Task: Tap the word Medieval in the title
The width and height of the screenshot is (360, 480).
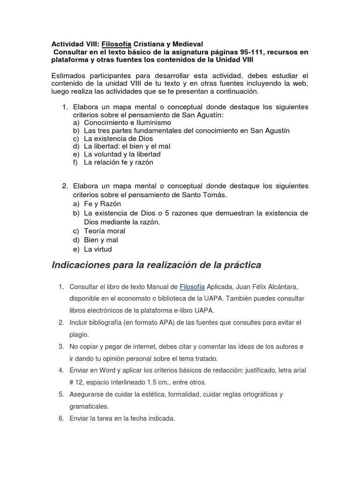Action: (x=186, y=44)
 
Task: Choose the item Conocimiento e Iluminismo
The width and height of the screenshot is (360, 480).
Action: (x=124, y=122)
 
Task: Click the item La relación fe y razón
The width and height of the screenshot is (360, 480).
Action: (x=119, y=162)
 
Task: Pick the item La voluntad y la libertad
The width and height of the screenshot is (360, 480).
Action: (x=122, y=154)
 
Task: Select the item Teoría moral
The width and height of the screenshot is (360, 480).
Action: (x=105, y=231)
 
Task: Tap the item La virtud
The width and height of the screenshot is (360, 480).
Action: (x=98, y=249)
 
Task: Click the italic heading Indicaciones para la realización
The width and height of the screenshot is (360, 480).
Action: (x=156, y=266)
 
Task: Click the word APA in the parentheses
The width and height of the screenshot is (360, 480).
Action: (x=158, y=323)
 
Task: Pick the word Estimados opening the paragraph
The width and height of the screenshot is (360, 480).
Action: (x=71, y=76)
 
